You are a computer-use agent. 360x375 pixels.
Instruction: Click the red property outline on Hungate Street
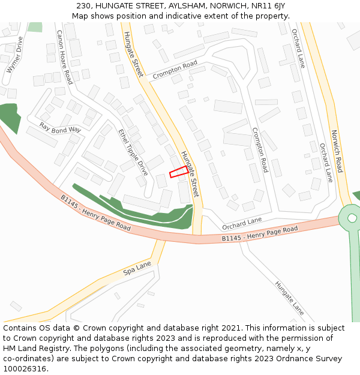tap(178, 172)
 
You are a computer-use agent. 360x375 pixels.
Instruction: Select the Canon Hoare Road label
tap(64, 57)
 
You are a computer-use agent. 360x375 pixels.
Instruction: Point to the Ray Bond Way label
tap(60, 128)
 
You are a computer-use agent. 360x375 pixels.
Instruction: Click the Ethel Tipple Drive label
tap(133, 152)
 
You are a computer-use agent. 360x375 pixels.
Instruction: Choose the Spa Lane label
tap(137, 268)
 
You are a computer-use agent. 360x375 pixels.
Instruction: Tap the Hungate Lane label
tap(290, 298)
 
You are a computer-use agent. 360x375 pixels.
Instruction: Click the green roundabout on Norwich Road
tap(352, 218)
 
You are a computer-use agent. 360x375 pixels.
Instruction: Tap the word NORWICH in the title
tap(226, 5)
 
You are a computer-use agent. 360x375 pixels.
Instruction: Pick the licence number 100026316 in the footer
tap(25, 369)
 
